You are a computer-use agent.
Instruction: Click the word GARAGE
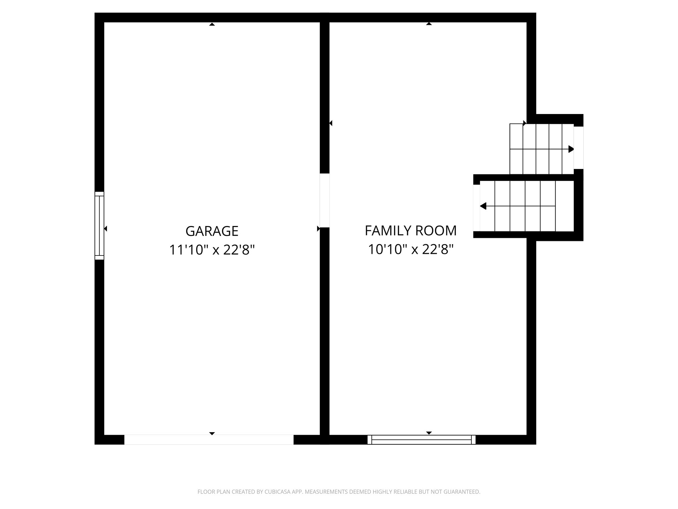(212, 231)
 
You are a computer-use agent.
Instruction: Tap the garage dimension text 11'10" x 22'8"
(212, 250)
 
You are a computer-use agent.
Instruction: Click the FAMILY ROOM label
(411, 231)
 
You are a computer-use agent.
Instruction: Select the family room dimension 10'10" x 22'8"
(411, 249)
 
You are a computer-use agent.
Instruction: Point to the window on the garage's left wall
(99, 226)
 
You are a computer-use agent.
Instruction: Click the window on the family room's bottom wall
(421, 440)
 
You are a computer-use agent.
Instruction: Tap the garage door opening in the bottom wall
(209, 440)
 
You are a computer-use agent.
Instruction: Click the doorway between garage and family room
(324, 200)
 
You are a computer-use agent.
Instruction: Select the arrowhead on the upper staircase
(571, 149)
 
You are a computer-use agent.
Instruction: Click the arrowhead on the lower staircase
(483, 206)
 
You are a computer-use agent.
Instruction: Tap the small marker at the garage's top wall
(212, 24)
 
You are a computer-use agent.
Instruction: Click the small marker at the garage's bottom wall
(212, 433)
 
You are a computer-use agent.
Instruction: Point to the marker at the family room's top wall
(429, 24)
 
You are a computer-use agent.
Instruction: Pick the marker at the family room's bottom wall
(429, 433)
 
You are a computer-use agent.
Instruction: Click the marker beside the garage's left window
(106, 229)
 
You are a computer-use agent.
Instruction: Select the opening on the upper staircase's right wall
(578, 147)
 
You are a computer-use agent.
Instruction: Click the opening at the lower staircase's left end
(476, 208)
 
